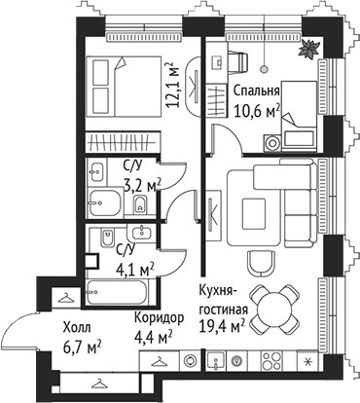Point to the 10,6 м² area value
click(258, 109)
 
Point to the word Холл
click(78, 329)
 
